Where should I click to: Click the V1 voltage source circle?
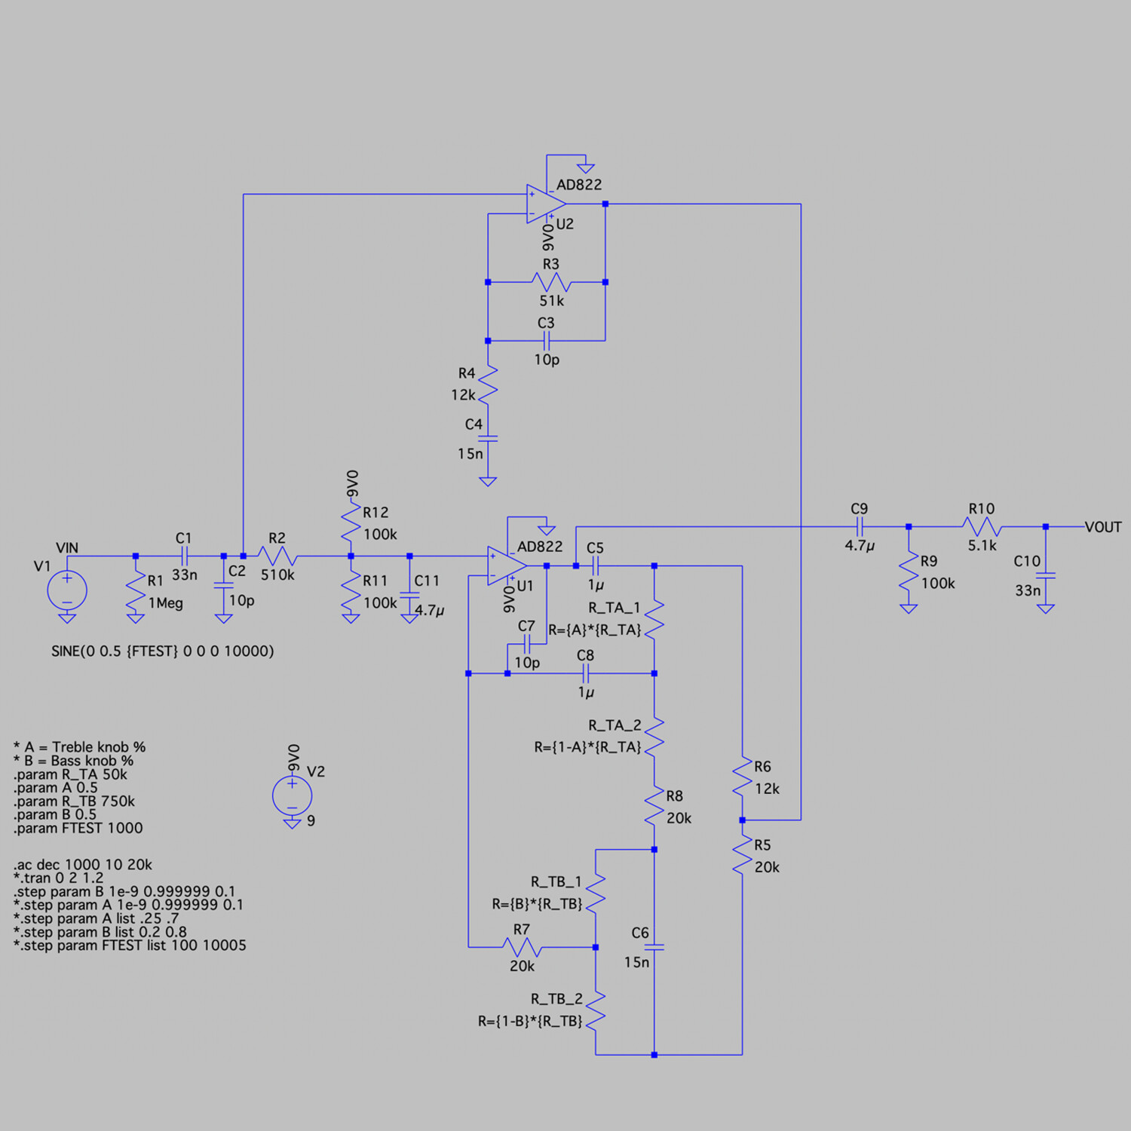click(67, 590)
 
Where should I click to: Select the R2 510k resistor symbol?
click(277, 556)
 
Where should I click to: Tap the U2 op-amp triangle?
click(545, 204)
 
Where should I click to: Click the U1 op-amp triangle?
click(506, 565)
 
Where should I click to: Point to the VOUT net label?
click(1102, 527)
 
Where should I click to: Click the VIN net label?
click(67, 547)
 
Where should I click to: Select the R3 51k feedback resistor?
click(551, 282)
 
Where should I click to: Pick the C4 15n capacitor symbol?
click(488, 438)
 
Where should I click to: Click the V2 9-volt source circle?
click(293, 795)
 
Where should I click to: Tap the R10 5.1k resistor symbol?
click(981, 527)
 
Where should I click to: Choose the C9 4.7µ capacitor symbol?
click(860, 527)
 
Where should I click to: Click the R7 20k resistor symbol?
click(522, 947)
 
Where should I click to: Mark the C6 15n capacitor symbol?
click(654, 947)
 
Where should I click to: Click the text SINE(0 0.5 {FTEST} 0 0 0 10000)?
click(162, 651)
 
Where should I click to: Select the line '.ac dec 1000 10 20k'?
click(83, 864)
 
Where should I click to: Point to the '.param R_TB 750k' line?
click(74, 801)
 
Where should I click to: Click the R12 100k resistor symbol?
click(351, 523)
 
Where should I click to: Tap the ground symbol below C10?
click(1045, 608)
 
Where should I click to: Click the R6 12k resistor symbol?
click(742, 777)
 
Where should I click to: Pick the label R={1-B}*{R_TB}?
click(530, 1021)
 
